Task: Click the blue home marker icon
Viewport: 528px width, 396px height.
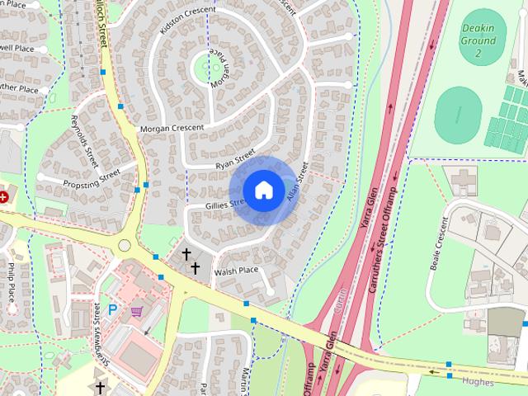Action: point(263,190)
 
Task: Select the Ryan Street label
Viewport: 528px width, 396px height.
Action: point(235,159)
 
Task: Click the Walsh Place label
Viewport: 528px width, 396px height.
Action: point(236,271)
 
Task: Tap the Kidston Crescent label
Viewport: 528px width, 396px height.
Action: point(188,19)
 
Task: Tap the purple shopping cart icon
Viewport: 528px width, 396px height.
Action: point(136,311)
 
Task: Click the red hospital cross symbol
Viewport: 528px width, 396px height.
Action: point(3,196)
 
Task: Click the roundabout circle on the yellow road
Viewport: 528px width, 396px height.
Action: point(125,245)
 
